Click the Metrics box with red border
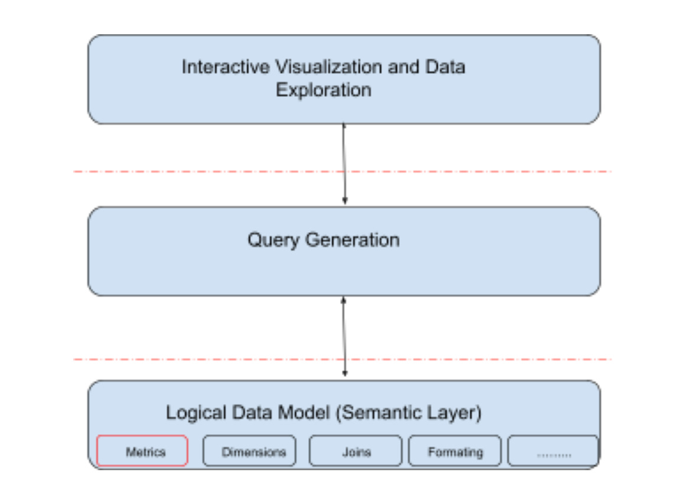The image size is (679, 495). click(x=142, y=452)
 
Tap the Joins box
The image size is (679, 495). click(x=355, y=452)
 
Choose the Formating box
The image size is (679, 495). click(x=455, y=452)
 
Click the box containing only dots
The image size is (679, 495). click(x=553, y=452)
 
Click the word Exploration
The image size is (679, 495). click(x=324, y=90)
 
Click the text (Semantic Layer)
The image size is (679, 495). click(x=409, y=412)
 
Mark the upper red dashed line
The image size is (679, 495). click(x=177, y=172)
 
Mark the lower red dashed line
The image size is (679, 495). click(x=177, y=359)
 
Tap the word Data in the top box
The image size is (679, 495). click(x=445, y=67)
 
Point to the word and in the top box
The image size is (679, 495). click(x=404, y=67)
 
